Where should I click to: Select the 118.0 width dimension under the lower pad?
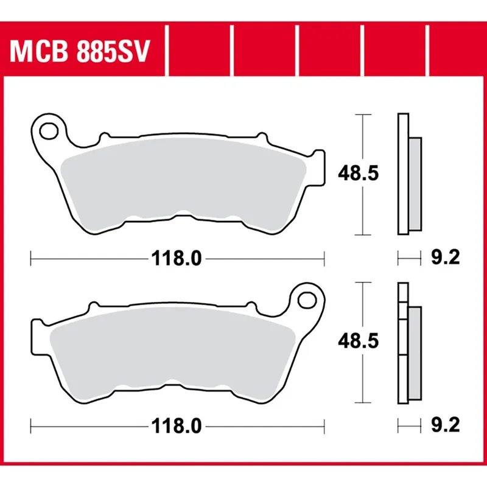[177, 427]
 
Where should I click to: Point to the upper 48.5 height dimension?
[359, 175]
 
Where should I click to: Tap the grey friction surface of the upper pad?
[183, 183]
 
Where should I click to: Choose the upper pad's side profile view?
[408, 174]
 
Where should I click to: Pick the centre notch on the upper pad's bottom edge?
[180, 215]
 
